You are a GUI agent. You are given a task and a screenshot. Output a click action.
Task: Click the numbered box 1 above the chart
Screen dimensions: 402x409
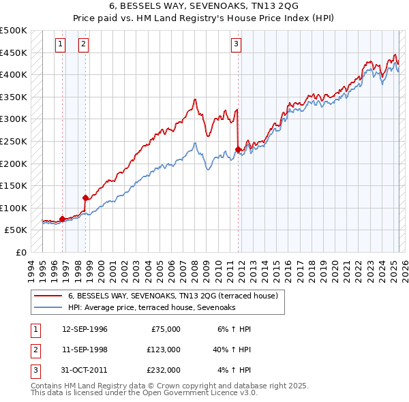(61, 44)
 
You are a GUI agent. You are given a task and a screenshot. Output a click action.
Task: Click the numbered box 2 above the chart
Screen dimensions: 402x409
(83, 44)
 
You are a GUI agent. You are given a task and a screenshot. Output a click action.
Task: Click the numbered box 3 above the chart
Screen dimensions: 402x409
(236, 44)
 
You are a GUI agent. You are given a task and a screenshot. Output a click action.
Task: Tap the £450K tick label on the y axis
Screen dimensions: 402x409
(14, 52)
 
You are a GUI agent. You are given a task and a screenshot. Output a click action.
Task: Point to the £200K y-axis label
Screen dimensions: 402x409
(14, 164)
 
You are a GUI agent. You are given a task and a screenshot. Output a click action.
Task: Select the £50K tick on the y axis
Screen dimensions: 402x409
(16, 230)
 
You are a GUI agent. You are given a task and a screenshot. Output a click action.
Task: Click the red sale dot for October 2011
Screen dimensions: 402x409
(238, 149)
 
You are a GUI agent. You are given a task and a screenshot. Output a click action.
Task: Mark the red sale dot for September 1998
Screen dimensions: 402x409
(86, 198)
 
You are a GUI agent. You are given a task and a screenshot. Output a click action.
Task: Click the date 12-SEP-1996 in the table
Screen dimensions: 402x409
(85, 329)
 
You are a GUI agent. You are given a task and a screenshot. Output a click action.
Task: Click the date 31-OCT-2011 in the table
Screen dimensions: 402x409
(85, 370)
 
